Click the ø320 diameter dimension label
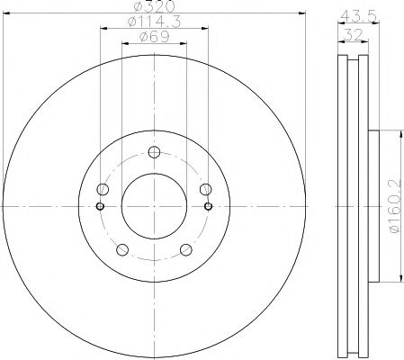click(x=154, y=8)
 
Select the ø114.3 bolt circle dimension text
click(x=154, y=22)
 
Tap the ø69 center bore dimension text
click(x=154, y=37)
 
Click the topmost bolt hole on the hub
click(x=154, y=151)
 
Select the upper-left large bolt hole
click(x=103, y=189)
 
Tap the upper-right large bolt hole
click(x=205, y=189)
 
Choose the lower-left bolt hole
click(x=122, y=249)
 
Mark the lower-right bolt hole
click(x=185, y=249)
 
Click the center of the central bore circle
click(x=154, y=207)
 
